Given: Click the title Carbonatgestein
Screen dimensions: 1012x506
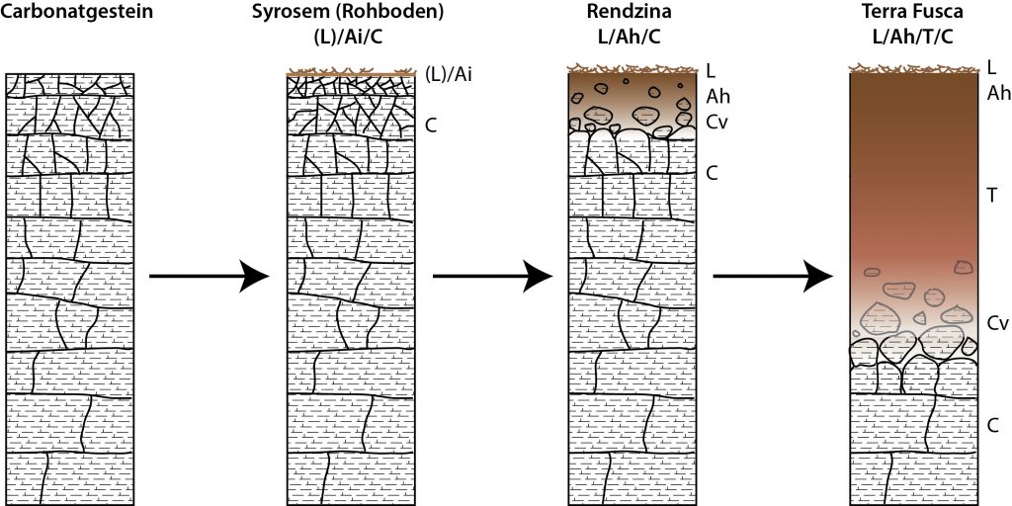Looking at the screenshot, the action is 77,12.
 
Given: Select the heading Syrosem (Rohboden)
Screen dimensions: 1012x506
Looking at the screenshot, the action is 348,12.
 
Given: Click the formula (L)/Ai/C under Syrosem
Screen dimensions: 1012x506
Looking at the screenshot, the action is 348,35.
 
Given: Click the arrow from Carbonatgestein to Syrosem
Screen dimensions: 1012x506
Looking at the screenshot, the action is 209,277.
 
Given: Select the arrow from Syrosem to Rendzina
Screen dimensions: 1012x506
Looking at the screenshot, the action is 492,277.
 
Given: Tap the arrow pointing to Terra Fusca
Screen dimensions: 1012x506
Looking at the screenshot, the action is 773,277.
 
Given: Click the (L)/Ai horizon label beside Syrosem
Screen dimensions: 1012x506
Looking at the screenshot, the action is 450,75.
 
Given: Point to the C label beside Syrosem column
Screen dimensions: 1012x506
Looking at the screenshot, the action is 431,125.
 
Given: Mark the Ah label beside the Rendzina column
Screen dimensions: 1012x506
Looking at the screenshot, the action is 717,98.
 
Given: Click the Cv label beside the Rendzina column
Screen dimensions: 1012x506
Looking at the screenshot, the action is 717,123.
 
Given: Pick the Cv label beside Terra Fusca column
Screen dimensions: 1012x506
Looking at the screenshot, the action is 998,324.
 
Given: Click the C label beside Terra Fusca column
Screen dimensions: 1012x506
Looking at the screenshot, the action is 994,425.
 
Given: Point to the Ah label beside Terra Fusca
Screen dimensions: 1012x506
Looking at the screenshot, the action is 998,94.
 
